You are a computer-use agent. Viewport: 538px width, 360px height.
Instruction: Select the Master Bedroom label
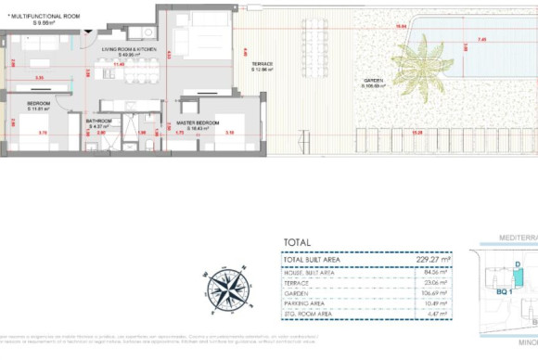[199, 123]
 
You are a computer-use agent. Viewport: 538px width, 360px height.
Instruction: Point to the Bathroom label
[99, 122]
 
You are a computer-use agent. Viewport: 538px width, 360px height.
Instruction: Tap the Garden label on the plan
[373, 83]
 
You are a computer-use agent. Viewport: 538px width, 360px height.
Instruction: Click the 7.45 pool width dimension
[481, 40]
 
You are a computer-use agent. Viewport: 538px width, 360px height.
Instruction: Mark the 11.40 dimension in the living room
[119, 64]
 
